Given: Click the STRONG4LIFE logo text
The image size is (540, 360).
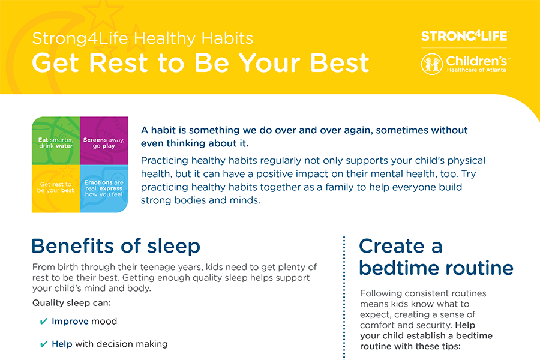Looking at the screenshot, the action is tap(464, 36).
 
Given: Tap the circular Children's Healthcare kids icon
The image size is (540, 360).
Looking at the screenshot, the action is tap(432, 64).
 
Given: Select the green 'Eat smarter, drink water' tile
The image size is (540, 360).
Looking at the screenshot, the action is tap(56, 141).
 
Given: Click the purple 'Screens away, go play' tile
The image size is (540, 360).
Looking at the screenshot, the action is tap(104, 141).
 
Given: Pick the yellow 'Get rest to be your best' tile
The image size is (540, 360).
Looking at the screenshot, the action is tap(56, 189).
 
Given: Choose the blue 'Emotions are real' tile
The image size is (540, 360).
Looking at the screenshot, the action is tap(104, 189).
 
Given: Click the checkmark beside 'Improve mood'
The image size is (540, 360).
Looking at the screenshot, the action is tap(44, 322).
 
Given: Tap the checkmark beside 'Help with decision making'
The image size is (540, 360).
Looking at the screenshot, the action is tap(44, 344).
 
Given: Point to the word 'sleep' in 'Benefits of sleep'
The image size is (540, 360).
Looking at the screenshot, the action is tap(173, 247).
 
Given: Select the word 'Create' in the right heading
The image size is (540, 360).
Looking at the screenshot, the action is tap(392, 246).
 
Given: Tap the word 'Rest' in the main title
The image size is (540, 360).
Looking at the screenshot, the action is tap(119, 62).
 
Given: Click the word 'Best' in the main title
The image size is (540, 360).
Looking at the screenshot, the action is tap(340, 62).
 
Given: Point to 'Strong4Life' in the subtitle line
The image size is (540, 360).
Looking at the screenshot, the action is tap(80, 38).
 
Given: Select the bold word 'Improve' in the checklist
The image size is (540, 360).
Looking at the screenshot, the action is tap(70, 322).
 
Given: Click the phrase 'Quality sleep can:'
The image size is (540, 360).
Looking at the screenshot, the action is tap(71, 303).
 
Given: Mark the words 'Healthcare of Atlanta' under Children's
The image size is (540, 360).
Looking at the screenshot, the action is tap(476, 70).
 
